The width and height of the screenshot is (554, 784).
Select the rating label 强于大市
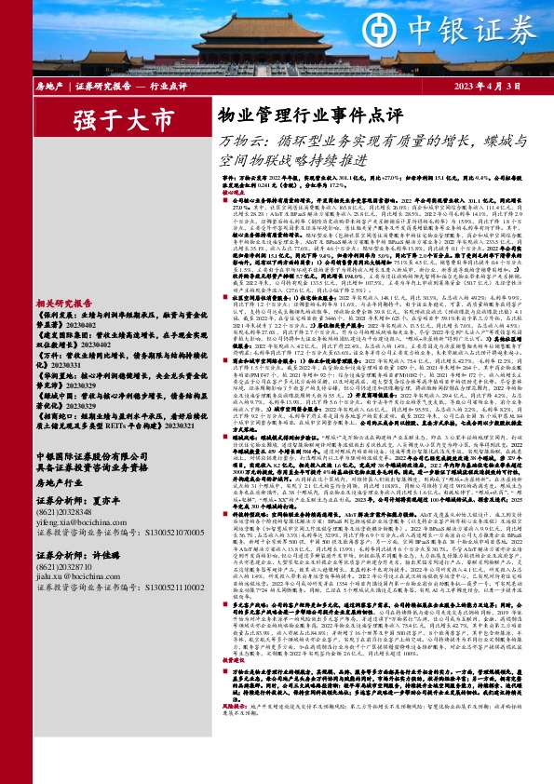[x=125, y=120]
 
